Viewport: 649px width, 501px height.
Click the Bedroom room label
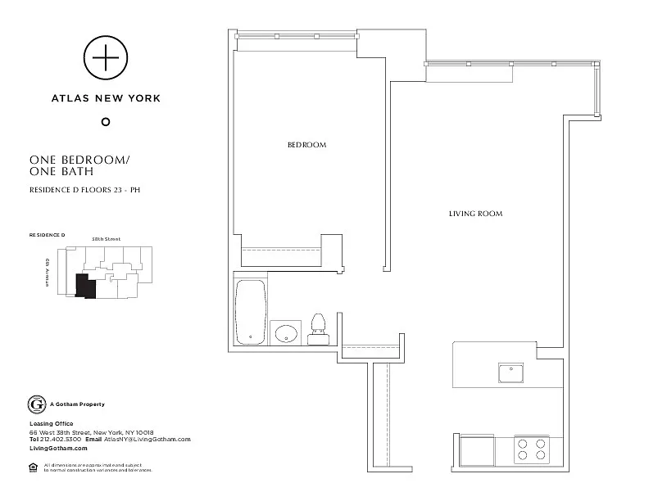coord(306,145)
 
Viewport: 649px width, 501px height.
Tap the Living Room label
coord(475,214)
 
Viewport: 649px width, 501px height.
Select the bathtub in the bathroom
coord(251,311)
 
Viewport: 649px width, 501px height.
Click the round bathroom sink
coord(286,333)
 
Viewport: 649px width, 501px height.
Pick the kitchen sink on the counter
coord(511,373)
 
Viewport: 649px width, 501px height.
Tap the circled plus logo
coord(105,58)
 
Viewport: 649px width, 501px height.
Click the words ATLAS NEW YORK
coord(106,98)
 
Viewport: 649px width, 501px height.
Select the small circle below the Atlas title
coord(105,122)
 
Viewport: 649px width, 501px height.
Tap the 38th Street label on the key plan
coord(107,239)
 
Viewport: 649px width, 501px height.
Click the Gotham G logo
coord(36,404)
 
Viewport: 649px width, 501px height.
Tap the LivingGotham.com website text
coord(57,449)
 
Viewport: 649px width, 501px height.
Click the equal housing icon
coord(34,467)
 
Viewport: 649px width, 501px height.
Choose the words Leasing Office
coord(51,423)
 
